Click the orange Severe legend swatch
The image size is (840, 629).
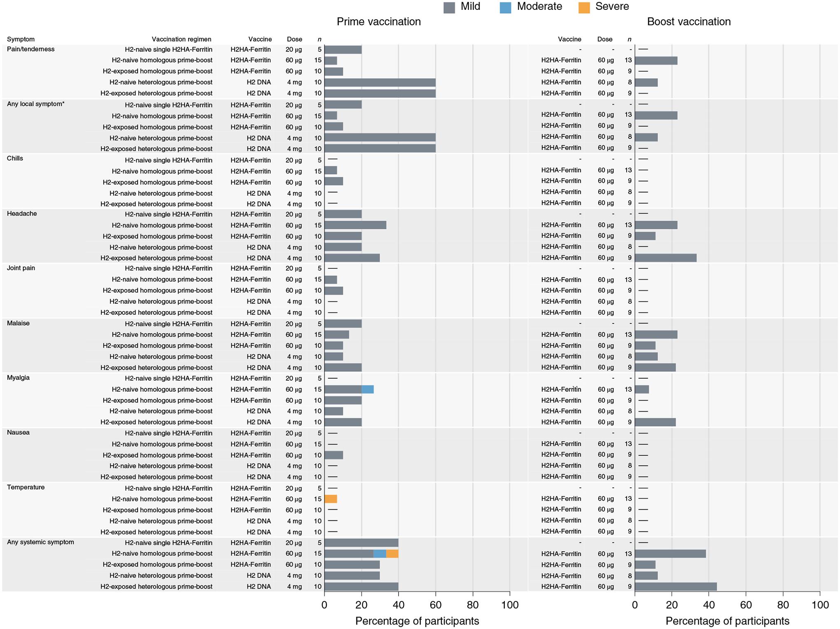point(584,7)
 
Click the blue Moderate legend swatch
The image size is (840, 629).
point(505,7)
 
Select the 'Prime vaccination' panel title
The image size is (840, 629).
point(378,22)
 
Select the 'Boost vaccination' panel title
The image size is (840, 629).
point(688,22)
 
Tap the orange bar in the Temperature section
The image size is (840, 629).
point(331,499)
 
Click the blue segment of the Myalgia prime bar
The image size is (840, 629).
point(367,389)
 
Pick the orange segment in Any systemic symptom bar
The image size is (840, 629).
point(392,554)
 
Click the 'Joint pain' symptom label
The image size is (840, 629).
point(21,268)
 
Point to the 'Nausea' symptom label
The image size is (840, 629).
point(18,433)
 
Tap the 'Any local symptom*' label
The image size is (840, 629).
point(35,104)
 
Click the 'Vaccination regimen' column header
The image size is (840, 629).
point(181,40)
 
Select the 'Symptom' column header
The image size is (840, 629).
point(21,40)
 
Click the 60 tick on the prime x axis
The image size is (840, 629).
point(436,605)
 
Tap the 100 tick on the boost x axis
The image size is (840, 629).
point(820,605)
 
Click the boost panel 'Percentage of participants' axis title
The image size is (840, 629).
point(727,621)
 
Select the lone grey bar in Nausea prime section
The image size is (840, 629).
point(334,455)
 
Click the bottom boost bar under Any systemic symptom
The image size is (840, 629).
point(675,587)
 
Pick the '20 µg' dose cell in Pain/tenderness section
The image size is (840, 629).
point(294,49)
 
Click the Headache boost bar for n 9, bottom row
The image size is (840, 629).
point(665,258)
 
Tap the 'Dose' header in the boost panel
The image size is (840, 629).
point(604,40)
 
